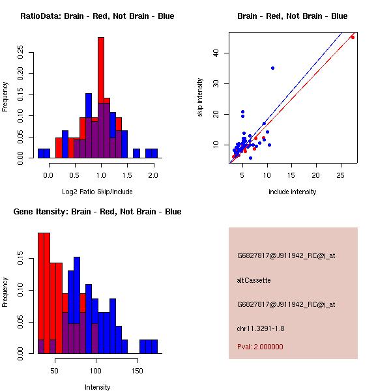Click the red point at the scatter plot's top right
353,37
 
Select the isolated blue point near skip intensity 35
272,68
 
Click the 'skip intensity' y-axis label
200,98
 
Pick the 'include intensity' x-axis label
292,192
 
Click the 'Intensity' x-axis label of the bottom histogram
98,387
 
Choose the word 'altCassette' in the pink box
253,280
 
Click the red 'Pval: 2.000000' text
260,347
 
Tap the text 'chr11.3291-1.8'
259,328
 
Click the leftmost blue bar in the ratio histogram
44,154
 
